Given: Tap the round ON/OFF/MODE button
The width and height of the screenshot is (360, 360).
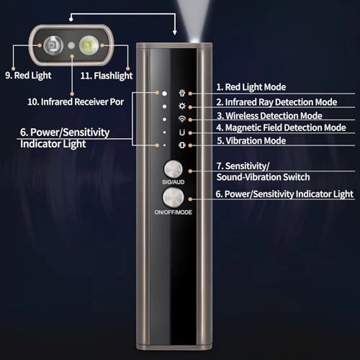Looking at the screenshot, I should pos(174,198).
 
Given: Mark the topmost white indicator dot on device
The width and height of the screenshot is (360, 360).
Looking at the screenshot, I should pos(164,93).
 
